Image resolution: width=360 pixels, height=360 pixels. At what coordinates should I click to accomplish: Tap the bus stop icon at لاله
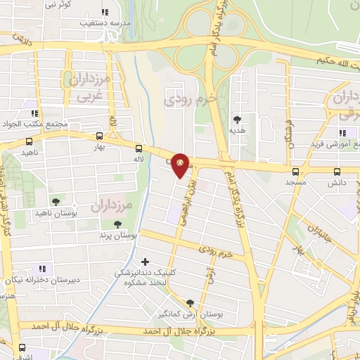[x=139, y=148]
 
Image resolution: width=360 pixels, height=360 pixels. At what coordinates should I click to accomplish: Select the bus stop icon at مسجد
[x=295, y=171]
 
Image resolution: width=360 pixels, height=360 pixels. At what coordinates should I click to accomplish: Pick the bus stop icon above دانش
[x=337, y=171]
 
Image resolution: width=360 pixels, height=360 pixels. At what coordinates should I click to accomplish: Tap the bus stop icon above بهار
[x=98, y=136]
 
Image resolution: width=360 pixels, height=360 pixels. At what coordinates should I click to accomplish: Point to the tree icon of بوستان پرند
[x=117, y=224]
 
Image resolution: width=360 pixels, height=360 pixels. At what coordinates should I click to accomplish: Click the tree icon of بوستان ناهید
[x=56, y=201]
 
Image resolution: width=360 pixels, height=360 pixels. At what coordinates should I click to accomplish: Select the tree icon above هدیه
[x=237, y=119]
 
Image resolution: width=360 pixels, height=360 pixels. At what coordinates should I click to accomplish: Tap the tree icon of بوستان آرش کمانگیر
[x=190, y=303]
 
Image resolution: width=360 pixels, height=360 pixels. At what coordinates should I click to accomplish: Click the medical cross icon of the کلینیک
[x=145, y=262]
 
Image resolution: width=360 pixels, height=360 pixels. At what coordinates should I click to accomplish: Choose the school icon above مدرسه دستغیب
[x=105, y=11]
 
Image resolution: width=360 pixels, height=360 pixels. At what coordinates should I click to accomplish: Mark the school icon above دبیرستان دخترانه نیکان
[x=42, y=268]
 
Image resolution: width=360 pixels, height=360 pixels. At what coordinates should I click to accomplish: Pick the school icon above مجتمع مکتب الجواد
[x=34, y=113]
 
